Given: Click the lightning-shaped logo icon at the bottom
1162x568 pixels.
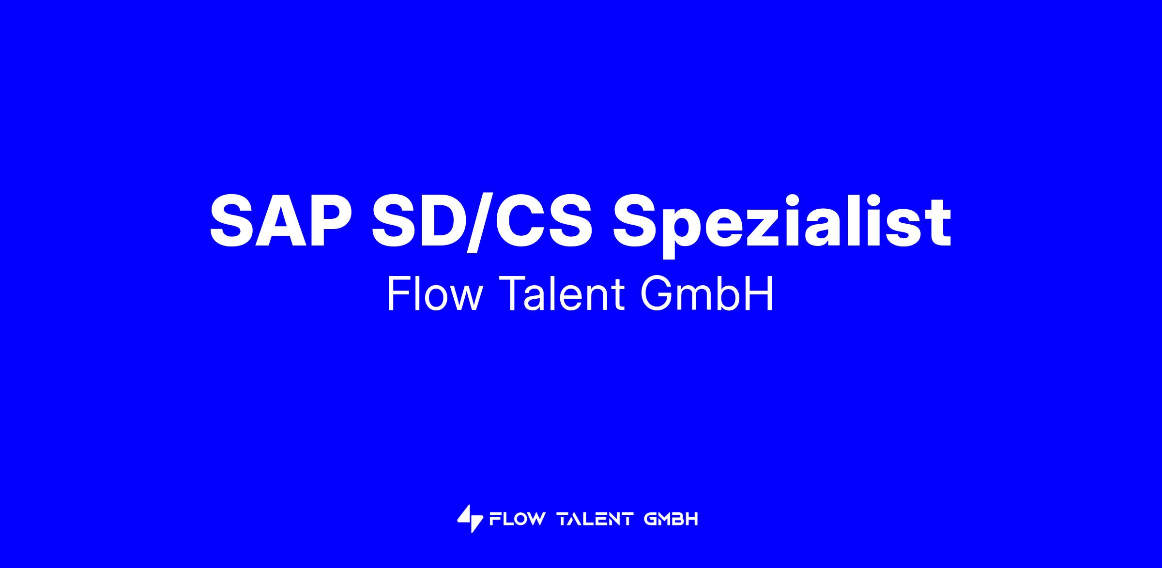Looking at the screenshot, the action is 470,519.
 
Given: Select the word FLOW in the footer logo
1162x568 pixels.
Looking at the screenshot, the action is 518,520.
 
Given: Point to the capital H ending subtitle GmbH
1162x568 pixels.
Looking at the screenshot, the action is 761,294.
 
